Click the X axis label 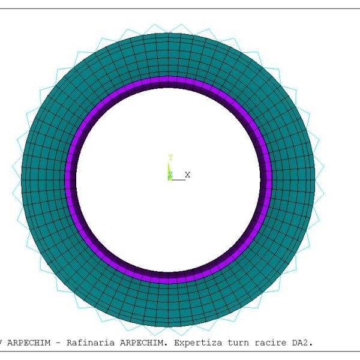[x=188, y=175]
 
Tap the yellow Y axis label [x=170, y=158]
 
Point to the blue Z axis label [x=170, y=175]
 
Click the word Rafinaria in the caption [x=91, y=343]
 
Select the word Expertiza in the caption [x=198, y=343]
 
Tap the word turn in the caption [x=238, y=343]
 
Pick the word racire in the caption [x=270, y=343]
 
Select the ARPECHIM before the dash [x=29, y=343]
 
